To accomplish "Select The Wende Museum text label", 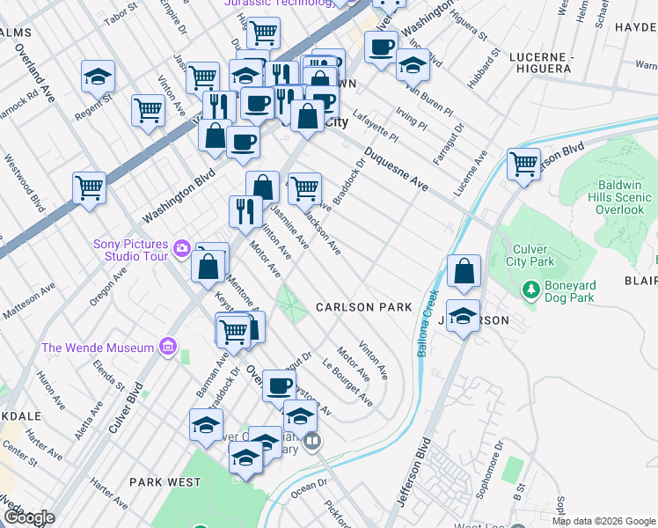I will click(x=98, y=348).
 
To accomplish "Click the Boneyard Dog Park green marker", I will click(x=530, y=289).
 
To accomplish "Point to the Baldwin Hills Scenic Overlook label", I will click(x=608, y=198).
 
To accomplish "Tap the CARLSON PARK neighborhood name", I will click(x=364, y=307).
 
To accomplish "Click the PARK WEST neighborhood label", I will click(x=164, y=482).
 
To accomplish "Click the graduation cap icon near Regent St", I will click(x=99, y=77).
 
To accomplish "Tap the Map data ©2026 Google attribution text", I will click(x=603, y=521).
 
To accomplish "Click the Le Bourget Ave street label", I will click(x=347, y=384).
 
